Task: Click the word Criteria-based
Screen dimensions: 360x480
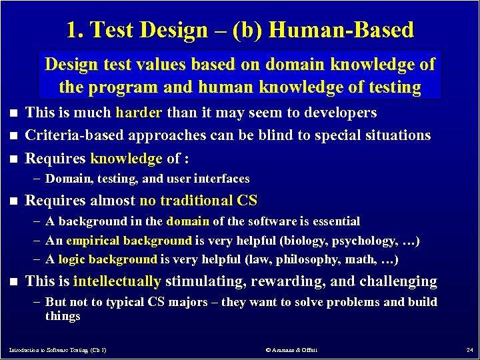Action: (x=73, y=135)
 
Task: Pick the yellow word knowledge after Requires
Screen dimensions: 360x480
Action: (x=126, y=159)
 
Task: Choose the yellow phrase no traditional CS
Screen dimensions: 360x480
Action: (x=197, y=201)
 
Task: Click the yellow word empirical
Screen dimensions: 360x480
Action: (x=92, y=240)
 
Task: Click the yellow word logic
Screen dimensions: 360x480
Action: (x=72, y=259)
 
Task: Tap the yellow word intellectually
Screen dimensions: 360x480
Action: (x=117, y=282)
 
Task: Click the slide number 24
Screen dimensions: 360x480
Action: (x=469, y=349)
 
